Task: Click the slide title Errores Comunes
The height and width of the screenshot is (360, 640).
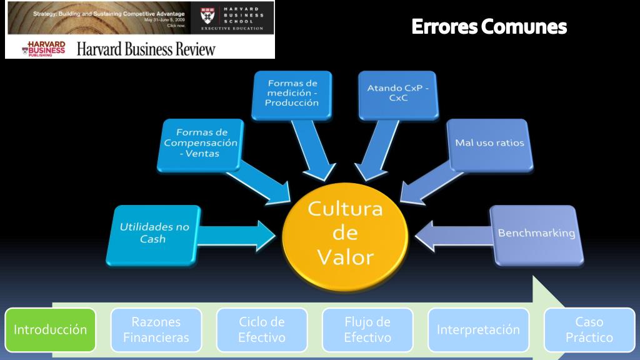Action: click(489, 27)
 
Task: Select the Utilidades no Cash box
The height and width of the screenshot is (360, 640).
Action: click(154, 232)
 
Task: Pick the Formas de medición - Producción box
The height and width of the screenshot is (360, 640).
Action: click(291, 93)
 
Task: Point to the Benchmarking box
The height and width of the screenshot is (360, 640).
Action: click(536, 233)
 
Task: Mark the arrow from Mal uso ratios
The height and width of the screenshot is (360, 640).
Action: click(425, 181)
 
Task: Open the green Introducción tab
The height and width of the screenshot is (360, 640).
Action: click(51, 329)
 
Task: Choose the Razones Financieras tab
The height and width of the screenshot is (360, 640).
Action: click(156, 329)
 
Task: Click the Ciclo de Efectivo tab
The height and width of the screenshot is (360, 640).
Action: click(262, 329)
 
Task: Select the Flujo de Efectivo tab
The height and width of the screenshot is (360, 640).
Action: click(367, 329)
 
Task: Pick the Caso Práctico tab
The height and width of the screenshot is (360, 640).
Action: click(589, 329)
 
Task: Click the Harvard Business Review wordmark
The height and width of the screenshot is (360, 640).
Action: click(146, 49)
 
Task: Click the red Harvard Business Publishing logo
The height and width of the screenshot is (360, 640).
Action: click(44, 49)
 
